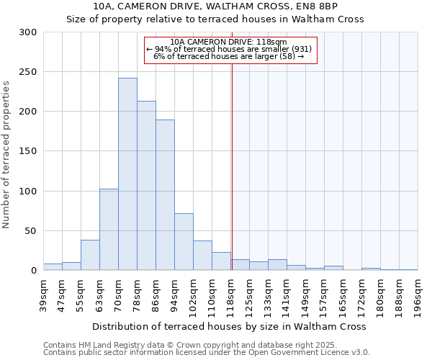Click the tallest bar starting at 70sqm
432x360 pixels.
click(127, 174)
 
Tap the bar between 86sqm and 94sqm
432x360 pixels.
click(165, 194)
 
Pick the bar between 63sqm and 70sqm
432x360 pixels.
click(109, 230)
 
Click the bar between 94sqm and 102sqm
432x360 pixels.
click(184, 242)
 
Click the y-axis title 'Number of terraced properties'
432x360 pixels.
click(7, 154)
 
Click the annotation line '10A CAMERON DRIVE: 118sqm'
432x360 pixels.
click(230, 42)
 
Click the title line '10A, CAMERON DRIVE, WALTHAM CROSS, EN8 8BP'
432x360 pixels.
click(215, 6)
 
